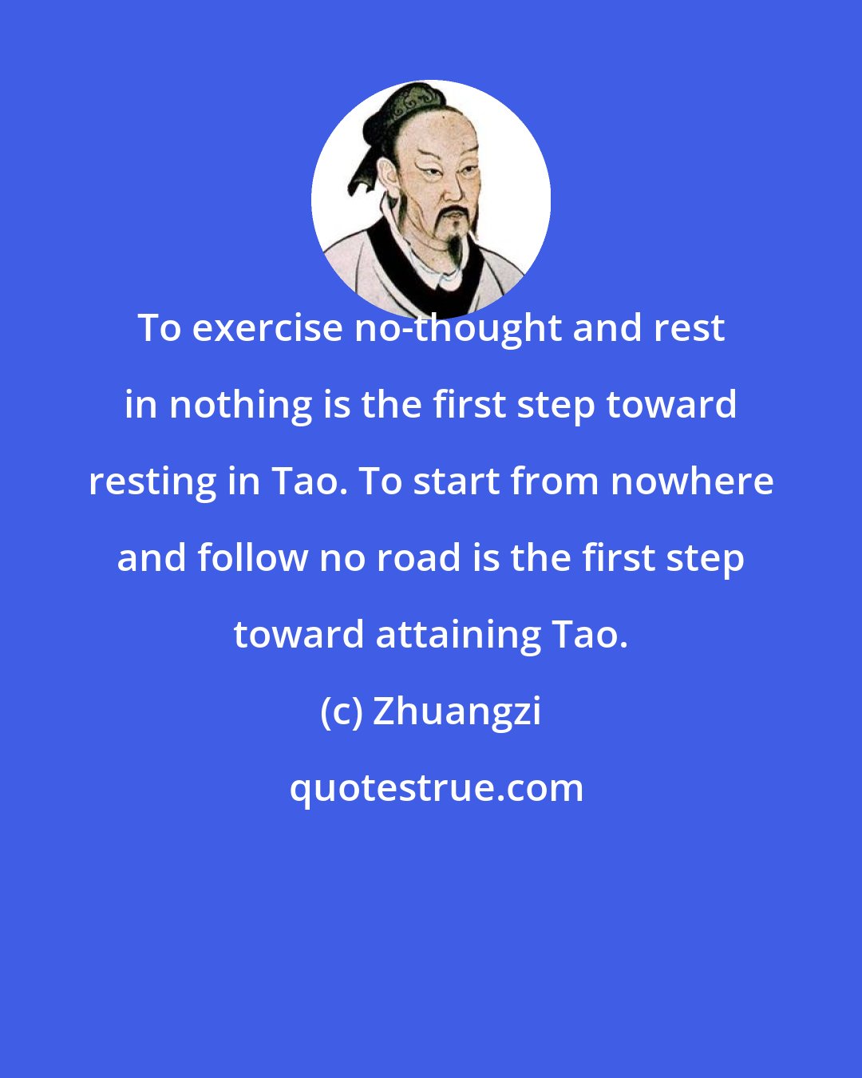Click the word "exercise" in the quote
(x=267, y=328)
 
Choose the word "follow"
(x=251, y=558)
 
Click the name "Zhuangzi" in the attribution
(x=457, y=711)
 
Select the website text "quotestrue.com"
(x=436, y=788)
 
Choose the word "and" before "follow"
(x=152, y=558)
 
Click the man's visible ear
(x=389, y=176)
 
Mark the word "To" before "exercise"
(x=159, y=328)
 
